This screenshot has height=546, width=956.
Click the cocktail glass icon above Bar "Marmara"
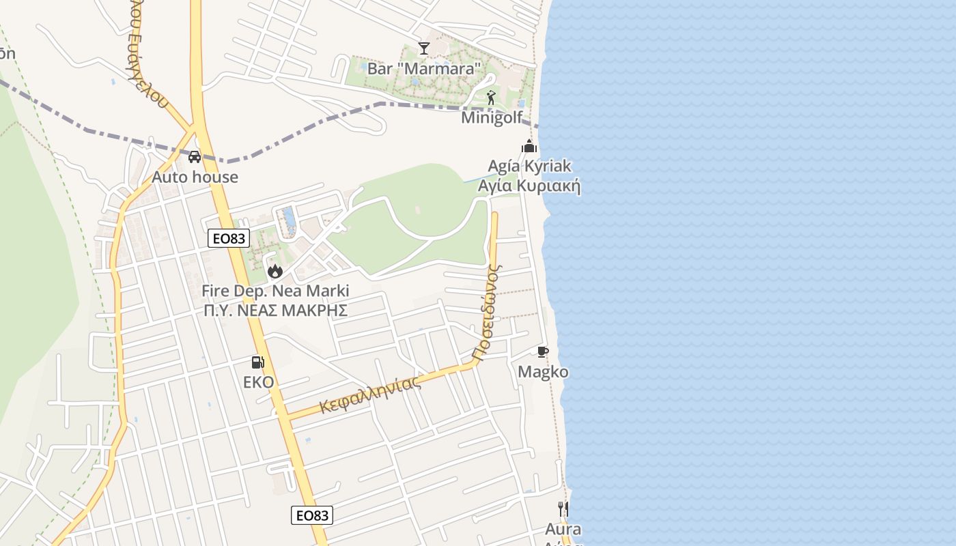(424, 48)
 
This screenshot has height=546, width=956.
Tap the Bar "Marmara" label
(424, 68)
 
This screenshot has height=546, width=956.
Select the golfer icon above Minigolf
(491, 98)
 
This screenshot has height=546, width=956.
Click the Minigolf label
(492, 117)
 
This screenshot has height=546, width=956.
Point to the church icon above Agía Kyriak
(529, 146)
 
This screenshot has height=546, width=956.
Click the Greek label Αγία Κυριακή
(529, 186)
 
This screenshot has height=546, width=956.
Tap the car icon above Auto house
(195, 157)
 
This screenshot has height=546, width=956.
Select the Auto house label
(195, 177)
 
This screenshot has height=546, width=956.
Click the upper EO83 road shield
(229, 238)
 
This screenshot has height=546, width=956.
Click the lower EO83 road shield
(312, 515)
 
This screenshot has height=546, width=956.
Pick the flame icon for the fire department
(275, 271)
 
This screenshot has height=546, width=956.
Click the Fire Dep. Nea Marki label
(275, 291)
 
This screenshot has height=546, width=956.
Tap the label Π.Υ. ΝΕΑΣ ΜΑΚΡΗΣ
(275, 311)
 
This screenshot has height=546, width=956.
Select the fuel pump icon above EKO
(257, 362)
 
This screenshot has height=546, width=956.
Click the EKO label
(258, 382)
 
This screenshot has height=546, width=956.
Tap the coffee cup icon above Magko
(543, 352)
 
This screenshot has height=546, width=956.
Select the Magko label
(543, 372)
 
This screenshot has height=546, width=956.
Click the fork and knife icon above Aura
(563, 508)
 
